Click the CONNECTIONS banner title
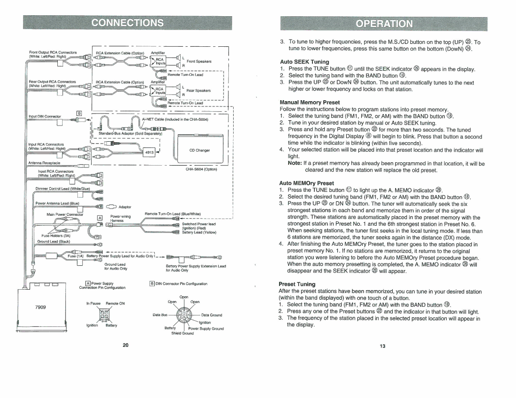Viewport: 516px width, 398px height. tap(127, 22)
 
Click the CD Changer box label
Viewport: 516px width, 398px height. tap(200, 150)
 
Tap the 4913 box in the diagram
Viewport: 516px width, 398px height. tap(149, 153)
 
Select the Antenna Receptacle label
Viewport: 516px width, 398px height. tap(47, 162)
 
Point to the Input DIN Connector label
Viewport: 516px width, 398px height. tap(45, 116)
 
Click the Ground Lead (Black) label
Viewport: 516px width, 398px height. tap(54, 241)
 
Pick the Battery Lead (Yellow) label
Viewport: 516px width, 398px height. tap(199, 232)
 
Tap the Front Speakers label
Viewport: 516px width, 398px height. tap(199, 61)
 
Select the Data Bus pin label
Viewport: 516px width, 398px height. tap(160, 315)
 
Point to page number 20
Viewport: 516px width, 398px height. tap(126, 346)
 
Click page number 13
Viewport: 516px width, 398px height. tap(383, 346)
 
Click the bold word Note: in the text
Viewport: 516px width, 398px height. tap(295, 163)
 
